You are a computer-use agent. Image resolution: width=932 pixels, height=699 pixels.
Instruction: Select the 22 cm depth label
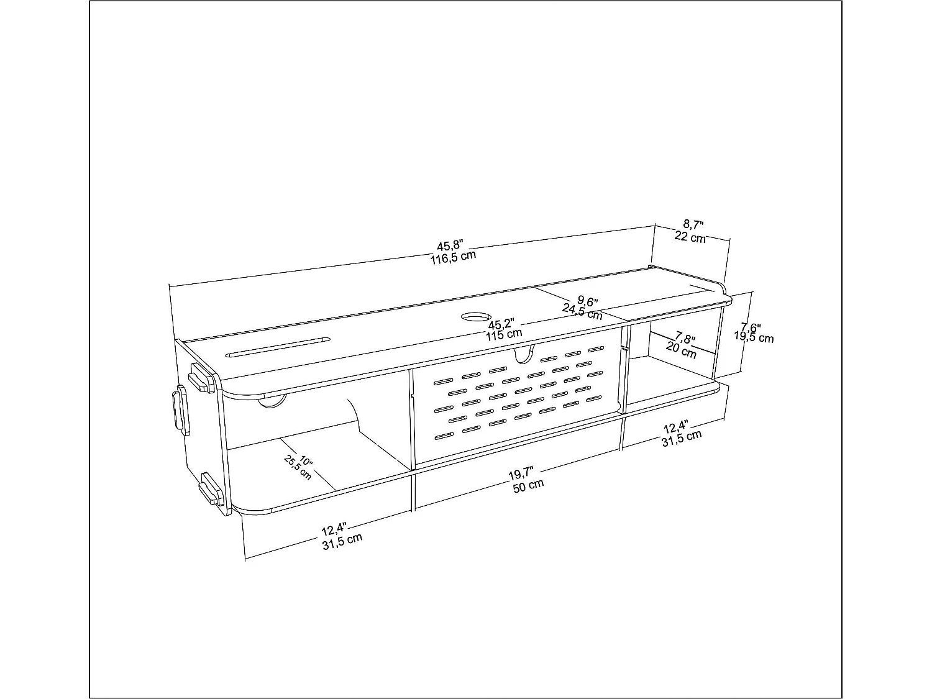pyautogui.click(x=690, y=237)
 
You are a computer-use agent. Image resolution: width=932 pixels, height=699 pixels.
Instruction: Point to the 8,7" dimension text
pyautogui.click(x=693, y=224)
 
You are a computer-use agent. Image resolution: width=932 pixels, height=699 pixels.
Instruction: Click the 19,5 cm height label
pyautogui.click(x=754, y=337)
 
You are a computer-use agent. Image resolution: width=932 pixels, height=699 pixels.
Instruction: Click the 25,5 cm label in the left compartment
pyautogui.click(x=298, y=467)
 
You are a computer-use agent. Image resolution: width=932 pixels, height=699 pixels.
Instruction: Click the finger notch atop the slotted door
pyautogui.click(x=523, y=354)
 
